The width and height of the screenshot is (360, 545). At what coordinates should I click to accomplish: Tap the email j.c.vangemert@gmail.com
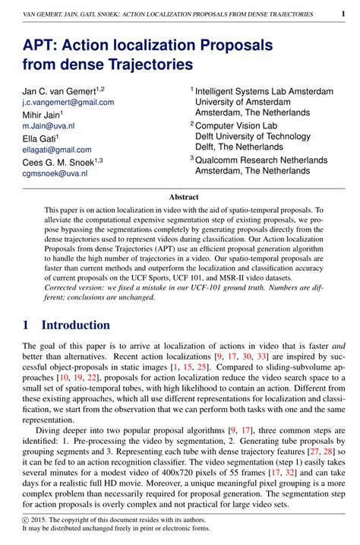68,102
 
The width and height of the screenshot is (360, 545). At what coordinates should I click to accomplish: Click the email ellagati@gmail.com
56,150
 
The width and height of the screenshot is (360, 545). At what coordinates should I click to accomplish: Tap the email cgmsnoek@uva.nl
54,173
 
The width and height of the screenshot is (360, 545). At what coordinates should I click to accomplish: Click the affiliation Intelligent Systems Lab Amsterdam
264,91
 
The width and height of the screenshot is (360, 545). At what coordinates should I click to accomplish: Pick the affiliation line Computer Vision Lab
235,125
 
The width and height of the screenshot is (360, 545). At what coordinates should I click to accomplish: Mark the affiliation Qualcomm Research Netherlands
261,160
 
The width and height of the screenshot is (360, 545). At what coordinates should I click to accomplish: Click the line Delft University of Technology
253,137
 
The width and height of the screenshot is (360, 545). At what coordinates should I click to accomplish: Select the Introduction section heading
75,325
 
